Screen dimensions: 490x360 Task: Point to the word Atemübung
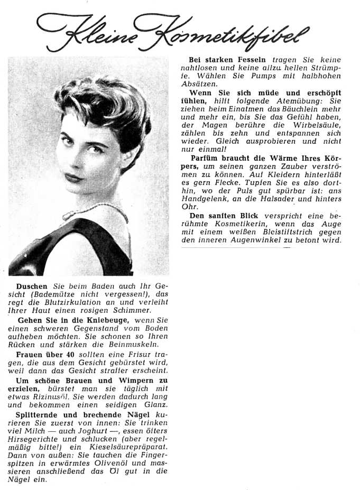click(x=297, y=100)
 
